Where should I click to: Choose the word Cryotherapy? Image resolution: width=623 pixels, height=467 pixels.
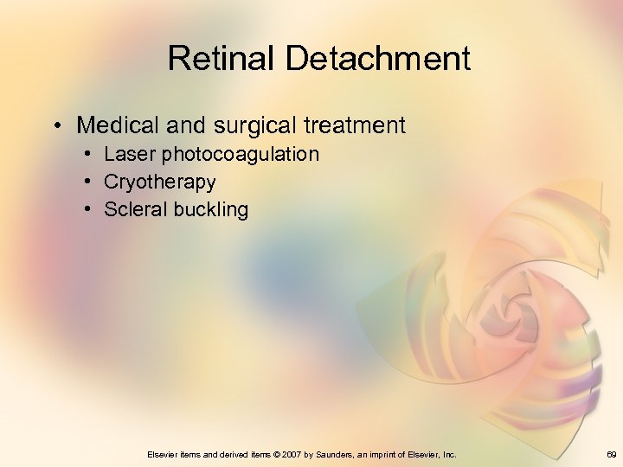click(x=159, y=182)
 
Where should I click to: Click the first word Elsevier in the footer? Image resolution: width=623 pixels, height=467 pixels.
click(x=164, y=454)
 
